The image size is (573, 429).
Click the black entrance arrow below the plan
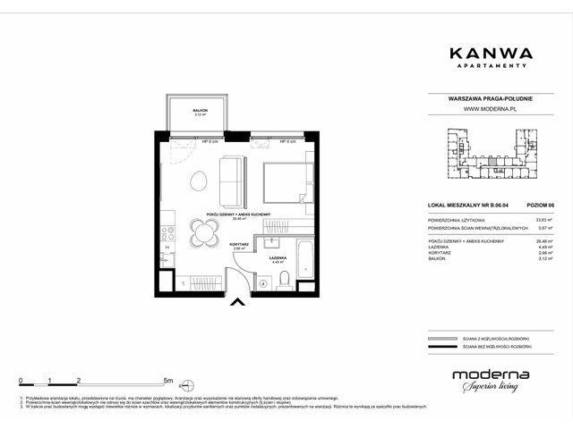(237, 304)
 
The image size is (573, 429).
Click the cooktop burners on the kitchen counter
(167, 233)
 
